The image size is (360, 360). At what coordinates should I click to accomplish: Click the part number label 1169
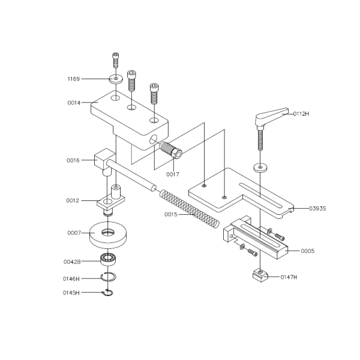pos(74,79)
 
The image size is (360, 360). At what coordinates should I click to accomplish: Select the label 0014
pos(74,103)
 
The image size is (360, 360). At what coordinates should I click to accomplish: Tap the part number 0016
pos(73,160)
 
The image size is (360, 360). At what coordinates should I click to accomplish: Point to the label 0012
pos(73,200)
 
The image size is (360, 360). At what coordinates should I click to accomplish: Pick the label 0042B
pos(72,262)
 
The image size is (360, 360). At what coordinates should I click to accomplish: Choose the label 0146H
pos(72,278)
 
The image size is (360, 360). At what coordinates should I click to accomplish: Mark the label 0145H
pos(72,293)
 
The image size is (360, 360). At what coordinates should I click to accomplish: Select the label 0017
pos(173,174)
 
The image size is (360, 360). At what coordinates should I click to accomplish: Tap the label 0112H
pos(302,113)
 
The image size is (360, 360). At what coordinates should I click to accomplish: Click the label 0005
pos(307,250)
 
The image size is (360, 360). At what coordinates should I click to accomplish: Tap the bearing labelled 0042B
pos(108,260)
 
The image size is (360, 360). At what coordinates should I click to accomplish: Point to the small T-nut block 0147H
pos(259,276)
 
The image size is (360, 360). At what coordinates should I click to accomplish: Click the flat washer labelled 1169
pos(116,78)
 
